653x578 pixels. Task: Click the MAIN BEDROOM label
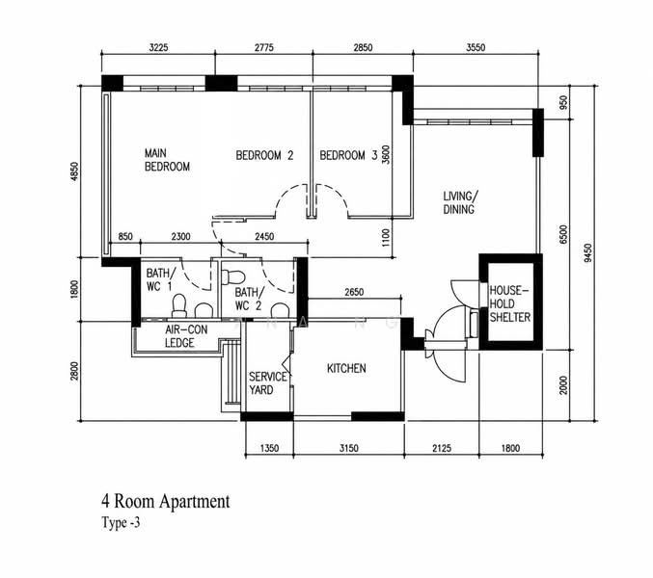[x=167, y=160]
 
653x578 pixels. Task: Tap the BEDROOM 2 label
[x=264, y=155]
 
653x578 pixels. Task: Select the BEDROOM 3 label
[x=348, y=155]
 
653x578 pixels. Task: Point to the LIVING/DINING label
[x=461, y=202]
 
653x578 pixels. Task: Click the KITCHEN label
[x=346, y=368]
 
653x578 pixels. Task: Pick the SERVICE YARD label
[x=268, y=383]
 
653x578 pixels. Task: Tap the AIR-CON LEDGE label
[x=186, y=336]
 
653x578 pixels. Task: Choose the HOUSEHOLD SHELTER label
[x=509, y=304]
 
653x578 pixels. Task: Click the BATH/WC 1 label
[x=160, y=279]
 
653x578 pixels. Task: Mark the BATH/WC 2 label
[x=248, y=299]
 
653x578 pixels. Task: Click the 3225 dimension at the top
[x=159, y=47]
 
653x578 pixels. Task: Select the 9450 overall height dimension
[x=587, y=252]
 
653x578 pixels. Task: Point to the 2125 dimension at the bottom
[x=442, y=448]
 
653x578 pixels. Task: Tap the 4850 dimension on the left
[x=74, y=171]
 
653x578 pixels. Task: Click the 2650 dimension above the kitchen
[x=354, y=292]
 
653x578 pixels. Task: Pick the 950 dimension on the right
[x=563, y=102]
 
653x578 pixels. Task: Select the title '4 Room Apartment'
[x=165, y=502]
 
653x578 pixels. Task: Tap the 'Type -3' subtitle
[x=121, y=522]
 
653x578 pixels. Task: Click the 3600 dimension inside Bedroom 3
[x=386, y=155]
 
